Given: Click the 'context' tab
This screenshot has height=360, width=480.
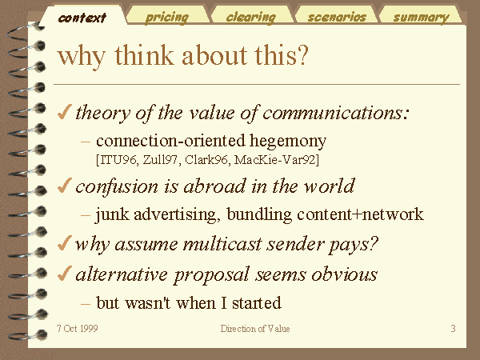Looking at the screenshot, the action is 82,18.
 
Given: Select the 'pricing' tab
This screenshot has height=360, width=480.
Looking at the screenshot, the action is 167,18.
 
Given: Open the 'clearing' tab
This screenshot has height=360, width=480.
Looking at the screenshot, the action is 251,18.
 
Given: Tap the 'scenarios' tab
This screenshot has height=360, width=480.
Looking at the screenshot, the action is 337,18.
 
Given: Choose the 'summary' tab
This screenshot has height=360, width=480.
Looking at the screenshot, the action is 422,18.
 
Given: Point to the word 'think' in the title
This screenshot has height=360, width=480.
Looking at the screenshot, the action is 144,54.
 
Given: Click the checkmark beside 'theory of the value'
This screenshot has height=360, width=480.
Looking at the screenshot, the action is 65,112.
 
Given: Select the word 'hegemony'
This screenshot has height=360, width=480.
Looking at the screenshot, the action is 288,142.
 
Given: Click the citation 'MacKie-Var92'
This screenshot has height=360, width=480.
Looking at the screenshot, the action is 276,160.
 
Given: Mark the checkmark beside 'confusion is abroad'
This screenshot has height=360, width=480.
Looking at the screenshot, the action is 65,186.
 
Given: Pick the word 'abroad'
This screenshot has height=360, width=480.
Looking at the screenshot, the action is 214,186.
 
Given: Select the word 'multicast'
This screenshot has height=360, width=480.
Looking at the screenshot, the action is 226,244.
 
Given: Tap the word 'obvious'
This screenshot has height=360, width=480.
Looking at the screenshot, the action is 345,274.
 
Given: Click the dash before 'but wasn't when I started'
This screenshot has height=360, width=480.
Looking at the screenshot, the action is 86,304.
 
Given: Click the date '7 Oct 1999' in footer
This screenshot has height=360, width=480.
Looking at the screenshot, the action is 78,329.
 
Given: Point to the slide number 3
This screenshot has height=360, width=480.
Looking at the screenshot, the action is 453,329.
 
